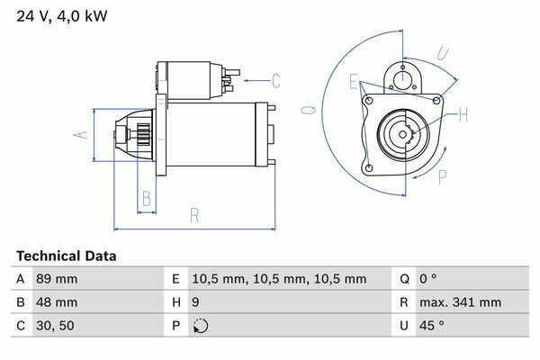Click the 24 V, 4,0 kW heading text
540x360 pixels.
pyautogui.click(x=62, y=16)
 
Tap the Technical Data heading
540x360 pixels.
pyautogui.click(x=66, y=256)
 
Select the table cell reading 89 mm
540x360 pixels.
pyautogui.click(x=57, y=279)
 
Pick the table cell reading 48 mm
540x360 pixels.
pyautogui.click(x=57, y=302)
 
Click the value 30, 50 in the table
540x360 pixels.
pyautogui.click(x=55, y=326)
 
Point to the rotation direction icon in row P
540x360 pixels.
pyautogui.click(x=201, y=326)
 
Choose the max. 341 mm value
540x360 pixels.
pyautogui.click(x=460, y=302)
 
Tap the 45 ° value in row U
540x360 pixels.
pyautogui.click(x=432, y=326)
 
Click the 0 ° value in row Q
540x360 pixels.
pyautogui.click(x=428, y=279)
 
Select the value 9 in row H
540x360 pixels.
pyautogui.click(x=195, y=302)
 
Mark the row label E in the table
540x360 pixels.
pyautogui.click(x=175, y=279)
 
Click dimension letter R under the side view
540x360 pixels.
pyautogui.click(x=194, y=215)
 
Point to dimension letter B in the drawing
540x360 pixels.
pyautogui.click(x=147, y=199)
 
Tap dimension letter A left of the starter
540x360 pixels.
pyautogui.click(x=81, y=135)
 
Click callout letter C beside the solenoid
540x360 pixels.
pyautogui.click(x=276, y=81)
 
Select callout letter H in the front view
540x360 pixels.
pyautogui.click(x=463, y=114)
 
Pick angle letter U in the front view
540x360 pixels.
pyautogui.click(x=443, y=53)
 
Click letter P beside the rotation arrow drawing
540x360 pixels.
pyautogui.click(x=443, y=177)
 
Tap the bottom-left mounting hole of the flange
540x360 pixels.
pyautogui.click(x=369, y=168)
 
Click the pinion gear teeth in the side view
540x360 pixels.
pyautogui.click(x=144, y=135)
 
